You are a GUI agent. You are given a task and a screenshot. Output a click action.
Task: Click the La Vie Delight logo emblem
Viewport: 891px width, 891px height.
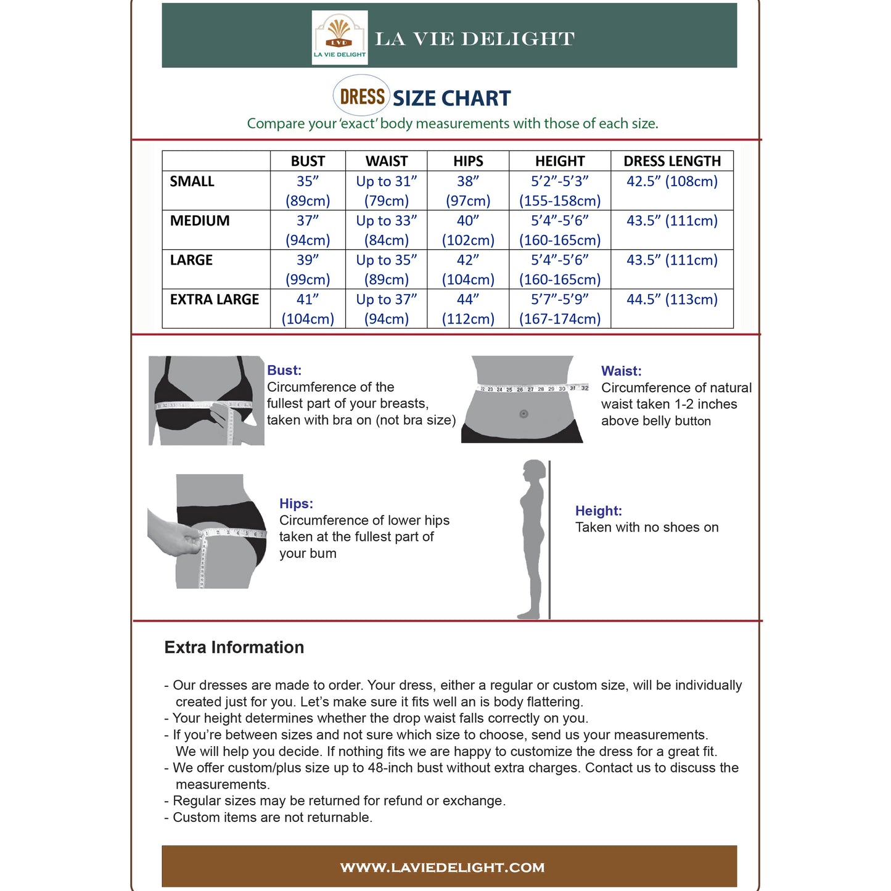[339, 37]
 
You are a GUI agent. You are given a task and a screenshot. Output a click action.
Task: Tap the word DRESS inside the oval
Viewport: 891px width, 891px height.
[362, 97]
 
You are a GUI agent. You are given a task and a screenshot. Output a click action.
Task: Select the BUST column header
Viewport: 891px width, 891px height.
[308, 161]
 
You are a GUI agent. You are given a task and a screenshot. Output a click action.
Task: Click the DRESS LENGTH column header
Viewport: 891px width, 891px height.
[671, 161]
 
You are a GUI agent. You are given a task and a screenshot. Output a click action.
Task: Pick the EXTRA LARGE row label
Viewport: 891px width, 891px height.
[215, 300]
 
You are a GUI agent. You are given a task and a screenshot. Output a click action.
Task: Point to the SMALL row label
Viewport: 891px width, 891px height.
[192, 181]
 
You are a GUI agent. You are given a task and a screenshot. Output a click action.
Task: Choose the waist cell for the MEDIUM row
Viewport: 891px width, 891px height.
[387, 230]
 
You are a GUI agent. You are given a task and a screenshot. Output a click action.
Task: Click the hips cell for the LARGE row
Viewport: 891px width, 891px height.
[468, 269]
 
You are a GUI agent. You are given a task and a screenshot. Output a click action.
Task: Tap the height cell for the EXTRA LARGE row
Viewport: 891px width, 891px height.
[560, 309]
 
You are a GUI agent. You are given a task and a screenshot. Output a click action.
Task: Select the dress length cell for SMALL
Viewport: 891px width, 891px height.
[671, 181]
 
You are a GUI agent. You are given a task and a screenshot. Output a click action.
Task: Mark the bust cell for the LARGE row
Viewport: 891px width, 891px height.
[308, 269]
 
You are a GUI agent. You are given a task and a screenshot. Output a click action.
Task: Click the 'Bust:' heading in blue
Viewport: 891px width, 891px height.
[284, 371]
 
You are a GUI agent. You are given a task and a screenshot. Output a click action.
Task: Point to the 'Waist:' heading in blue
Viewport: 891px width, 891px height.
[621, 371]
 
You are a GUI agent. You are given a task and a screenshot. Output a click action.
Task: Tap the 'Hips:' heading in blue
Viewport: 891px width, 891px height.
[296, 504]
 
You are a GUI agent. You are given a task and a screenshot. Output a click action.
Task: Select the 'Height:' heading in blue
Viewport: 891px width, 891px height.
[598, 511]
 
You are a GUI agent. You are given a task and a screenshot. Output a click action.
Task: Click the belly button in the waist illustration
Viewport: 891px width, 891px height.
[524, 414]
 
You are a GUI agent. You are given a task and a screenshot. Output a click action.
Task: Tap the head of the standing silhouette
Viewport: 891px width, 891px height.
[534, 472]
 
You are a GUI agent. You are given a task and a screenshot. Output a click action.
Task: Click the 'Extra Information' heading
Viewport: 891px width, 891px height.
[234, 647]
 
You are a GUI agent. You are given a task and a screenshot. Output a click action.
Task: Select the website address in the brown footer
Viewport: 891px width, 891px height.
[443, 868]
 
